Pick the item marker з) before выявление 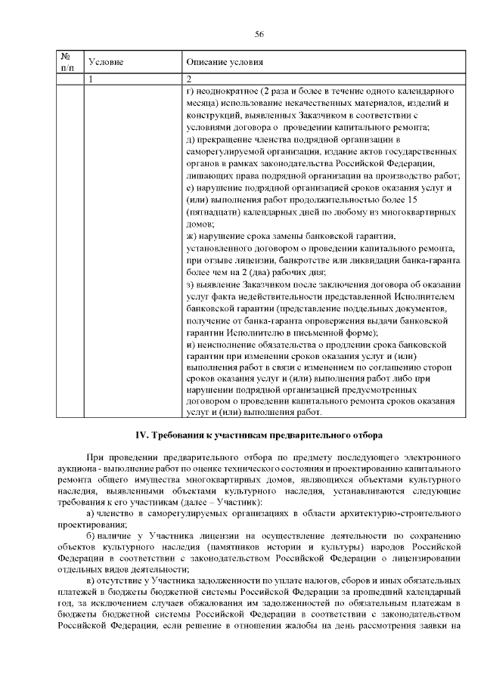pyautogui.click(x=189, y=285)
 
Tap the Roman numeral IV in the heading pyautogui.click(x=140, y=435)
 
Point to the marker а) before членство pyautogui.click(x=92, y=513)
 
